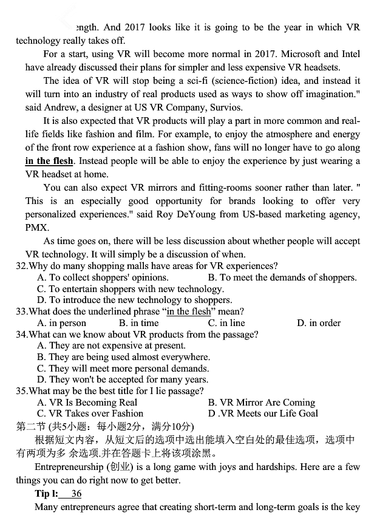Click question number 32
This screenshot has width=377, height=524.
point(22,266)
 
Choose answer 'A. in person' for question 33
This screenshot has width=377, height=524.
point(61,323)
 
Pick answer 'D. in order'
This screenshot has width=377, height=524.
point(318,323)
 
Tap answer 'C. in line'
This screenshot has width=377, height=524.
point(226,323)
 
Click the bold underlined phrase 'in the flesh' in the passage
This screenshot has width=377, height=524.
point(49,161)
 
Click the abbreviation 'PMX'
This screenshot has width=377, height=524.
point(37,228)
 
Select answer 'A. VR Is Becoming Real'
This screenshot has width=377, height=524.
point(87,403)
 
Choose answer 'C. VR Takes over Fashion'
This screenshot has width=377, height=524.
point(90,413)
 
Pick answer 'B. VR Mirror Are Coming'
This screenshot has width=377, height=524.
point(261,403)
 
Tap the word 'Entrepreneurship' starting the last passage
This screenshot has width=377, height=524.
point(69,467)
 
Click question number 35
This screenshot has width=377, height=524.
point(22,391)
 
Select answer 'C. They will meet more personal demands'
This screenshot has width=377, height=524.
point(123,369)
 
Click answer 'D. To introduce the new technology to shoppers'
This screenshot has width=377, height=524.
point(134,300)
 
